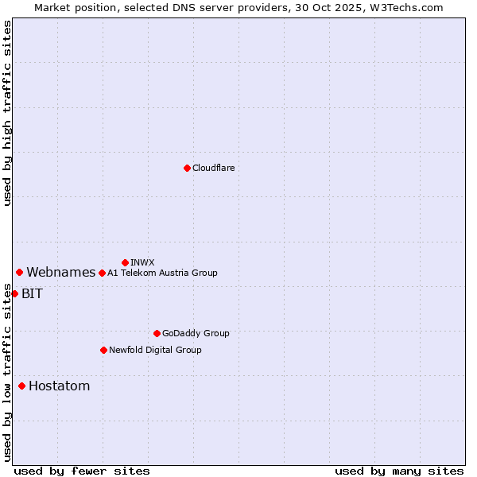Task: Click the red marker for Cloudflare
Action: (187, 168)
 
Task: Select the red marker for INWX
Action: (125, 262)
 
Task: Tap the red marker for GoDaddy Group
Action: (157, 333)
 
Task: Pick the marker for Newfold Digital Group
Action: (103, 350)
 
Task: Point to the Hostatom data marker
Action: (21, 386)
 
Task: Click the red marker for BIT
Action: (14, 293)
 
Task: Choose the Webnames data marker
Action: (19, 272)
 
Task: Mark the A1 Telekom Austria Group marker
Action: (102, 273)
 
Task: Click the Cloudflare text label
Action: (214, 168)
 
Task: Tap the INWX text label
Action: (142, 262)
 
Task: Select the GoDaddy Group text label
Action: (196, 333)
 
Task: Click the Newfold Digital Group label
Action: (155, 350)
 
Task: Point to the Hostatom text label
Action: (59, 386)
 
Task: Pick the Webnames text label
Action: (60, 272)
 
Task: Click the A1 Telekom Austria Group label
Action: (162, 273)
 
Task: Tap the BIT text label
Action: (32, 293)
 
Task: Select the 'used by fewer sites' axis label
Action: (82, 471)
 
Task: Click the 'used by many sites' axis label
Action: (399, 471)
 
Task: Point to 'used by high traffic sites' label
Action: (7, 113)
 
